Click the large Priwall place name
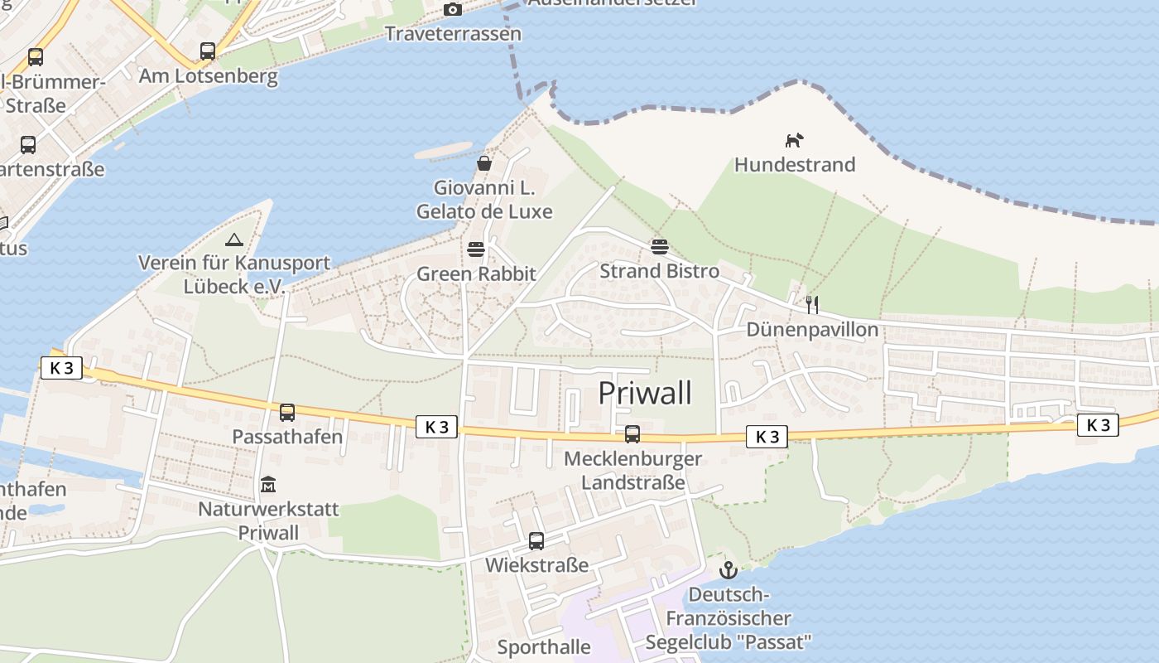[x=645, y=393]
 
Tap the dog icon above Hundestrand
[x=794, y=140]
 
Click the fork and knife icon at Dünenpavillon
[x=812, y=305]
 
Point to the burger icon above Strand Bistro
[x=660, y=246]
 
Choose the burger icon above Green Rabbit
[x=476, y=249]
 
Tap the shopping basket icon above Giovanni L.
[x=484, y=163]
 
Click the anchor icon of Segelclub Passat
[x=729, y=569]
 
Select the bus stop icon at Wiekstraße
[x=536, y=541]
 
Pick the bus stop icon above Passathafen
[x=287, y=412]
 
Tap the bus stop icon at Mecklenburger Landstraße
[x=632, y=433]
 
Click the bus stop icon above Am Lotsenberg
[x=208, y=51]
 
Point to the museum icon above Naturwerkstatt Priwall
[x=268, y=484]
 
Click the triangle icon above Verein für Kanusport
[x=234, y=240]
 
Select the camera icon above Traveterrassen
[x=453, y=9]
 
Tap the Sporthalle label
[x=544, y=647]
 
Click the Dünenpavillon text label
[x=812, y=330]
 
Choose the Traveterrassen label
[x=454, y=34]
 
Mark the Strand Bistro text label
[x=660, y=271]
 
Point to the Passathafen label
[x=287, y=437]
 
